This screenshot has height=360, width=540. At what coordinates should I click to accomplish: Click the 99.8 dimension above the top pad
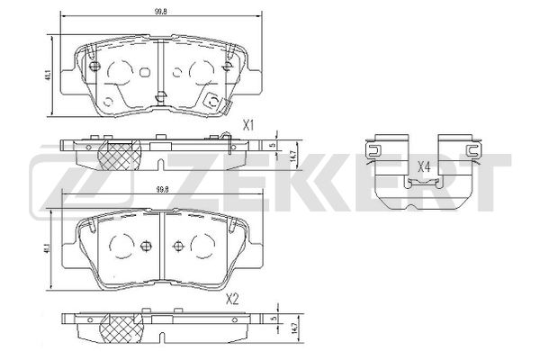pyautogui.click(x=161, y=12)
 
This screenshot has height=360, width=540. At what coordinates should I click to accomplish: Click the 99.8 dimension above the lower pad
pyautogui.click(x=162, y=190)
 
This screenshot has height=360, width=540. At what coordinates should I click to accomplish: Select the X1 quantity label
pyautogui.click(x=248, y=126)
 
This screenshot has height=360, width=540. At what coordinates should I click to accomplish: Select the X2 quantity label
pyautogui.click(x=232, y=300)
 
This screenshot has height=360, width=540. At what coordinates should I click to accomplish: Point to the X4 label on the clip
pyautogui.click(x=424, y=167)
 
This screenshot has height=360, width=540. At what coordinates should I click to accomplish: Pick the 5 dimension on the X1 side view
pyautogui.click(x=274, y=146)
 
